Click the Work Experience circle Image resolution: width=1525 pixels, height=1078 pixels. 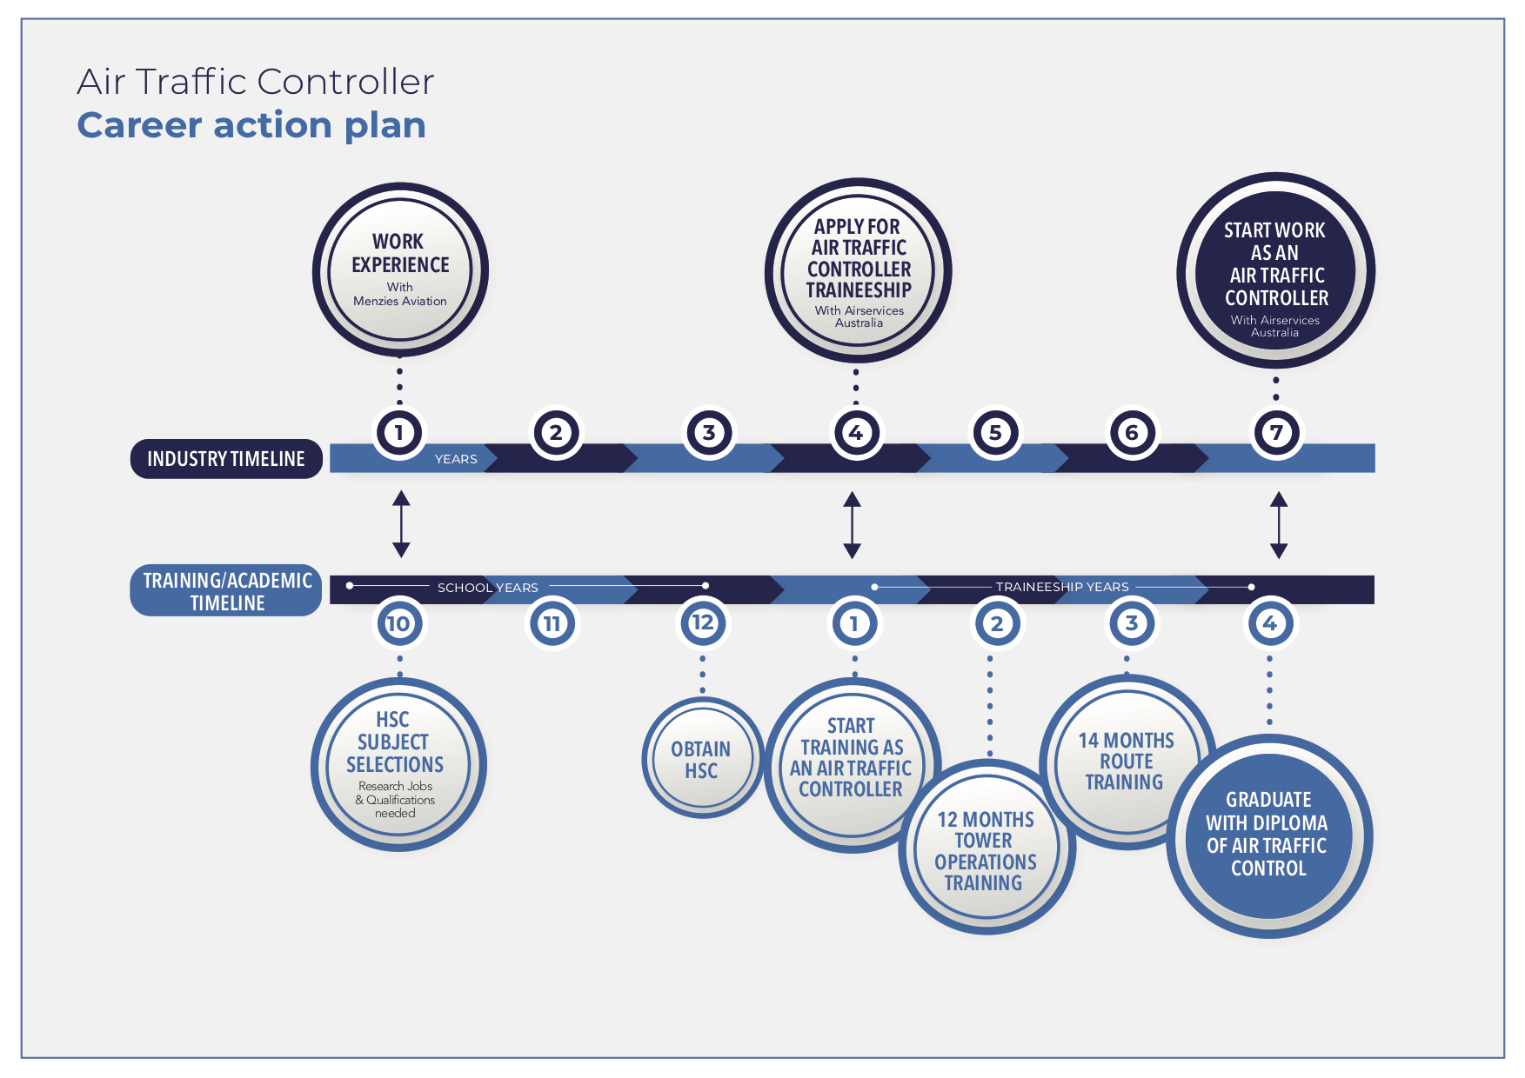[400, 269]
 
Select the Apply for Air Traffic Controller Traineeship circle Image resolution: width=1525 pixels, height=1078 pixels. [858, 271]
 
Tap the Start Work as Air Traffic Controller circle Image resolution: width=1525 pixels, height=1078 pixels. [1275, 271]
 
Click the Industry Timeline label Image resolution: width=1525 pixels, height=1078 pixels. [226, 459]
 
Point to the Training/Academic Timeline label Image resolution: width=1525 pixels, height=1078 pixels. [226, 591]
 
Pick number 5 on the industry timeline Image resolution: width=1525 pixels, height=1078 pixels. [995, 432]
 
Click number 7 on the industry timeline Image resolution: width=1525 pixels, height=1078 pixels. [1276, 432]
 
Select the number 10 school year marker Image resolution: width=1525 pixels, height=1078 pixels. [398, 623]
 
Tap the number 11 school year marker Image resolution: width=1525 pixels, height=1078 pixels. [552, 623]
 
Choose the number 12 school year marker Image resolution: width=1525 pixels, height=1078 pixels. [702, 622]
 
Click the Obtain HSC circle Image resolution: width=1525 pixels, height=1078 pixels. [701, 759]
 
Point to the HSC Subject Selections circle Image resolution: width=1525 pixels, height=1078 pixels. [398, 765]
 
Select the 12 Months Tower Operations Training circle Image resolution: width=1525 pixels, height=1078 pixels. [985, 850]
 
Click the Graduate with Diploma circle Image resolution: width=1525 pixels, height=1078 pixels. [1268, 835]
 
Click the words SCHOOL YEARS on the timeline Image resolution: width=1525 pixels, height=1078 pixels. [487, 588]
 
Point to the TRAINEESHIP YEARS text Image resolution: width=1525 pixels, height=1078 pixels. [1062, 587]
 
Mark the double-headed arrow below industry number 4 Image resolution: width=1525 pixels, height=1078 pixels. [853, 524]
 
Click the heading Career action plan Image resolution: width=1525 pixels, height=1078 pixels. [251, 125]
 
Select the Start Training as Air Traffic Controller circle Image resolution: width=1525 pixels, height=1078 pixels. [851, 758]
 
